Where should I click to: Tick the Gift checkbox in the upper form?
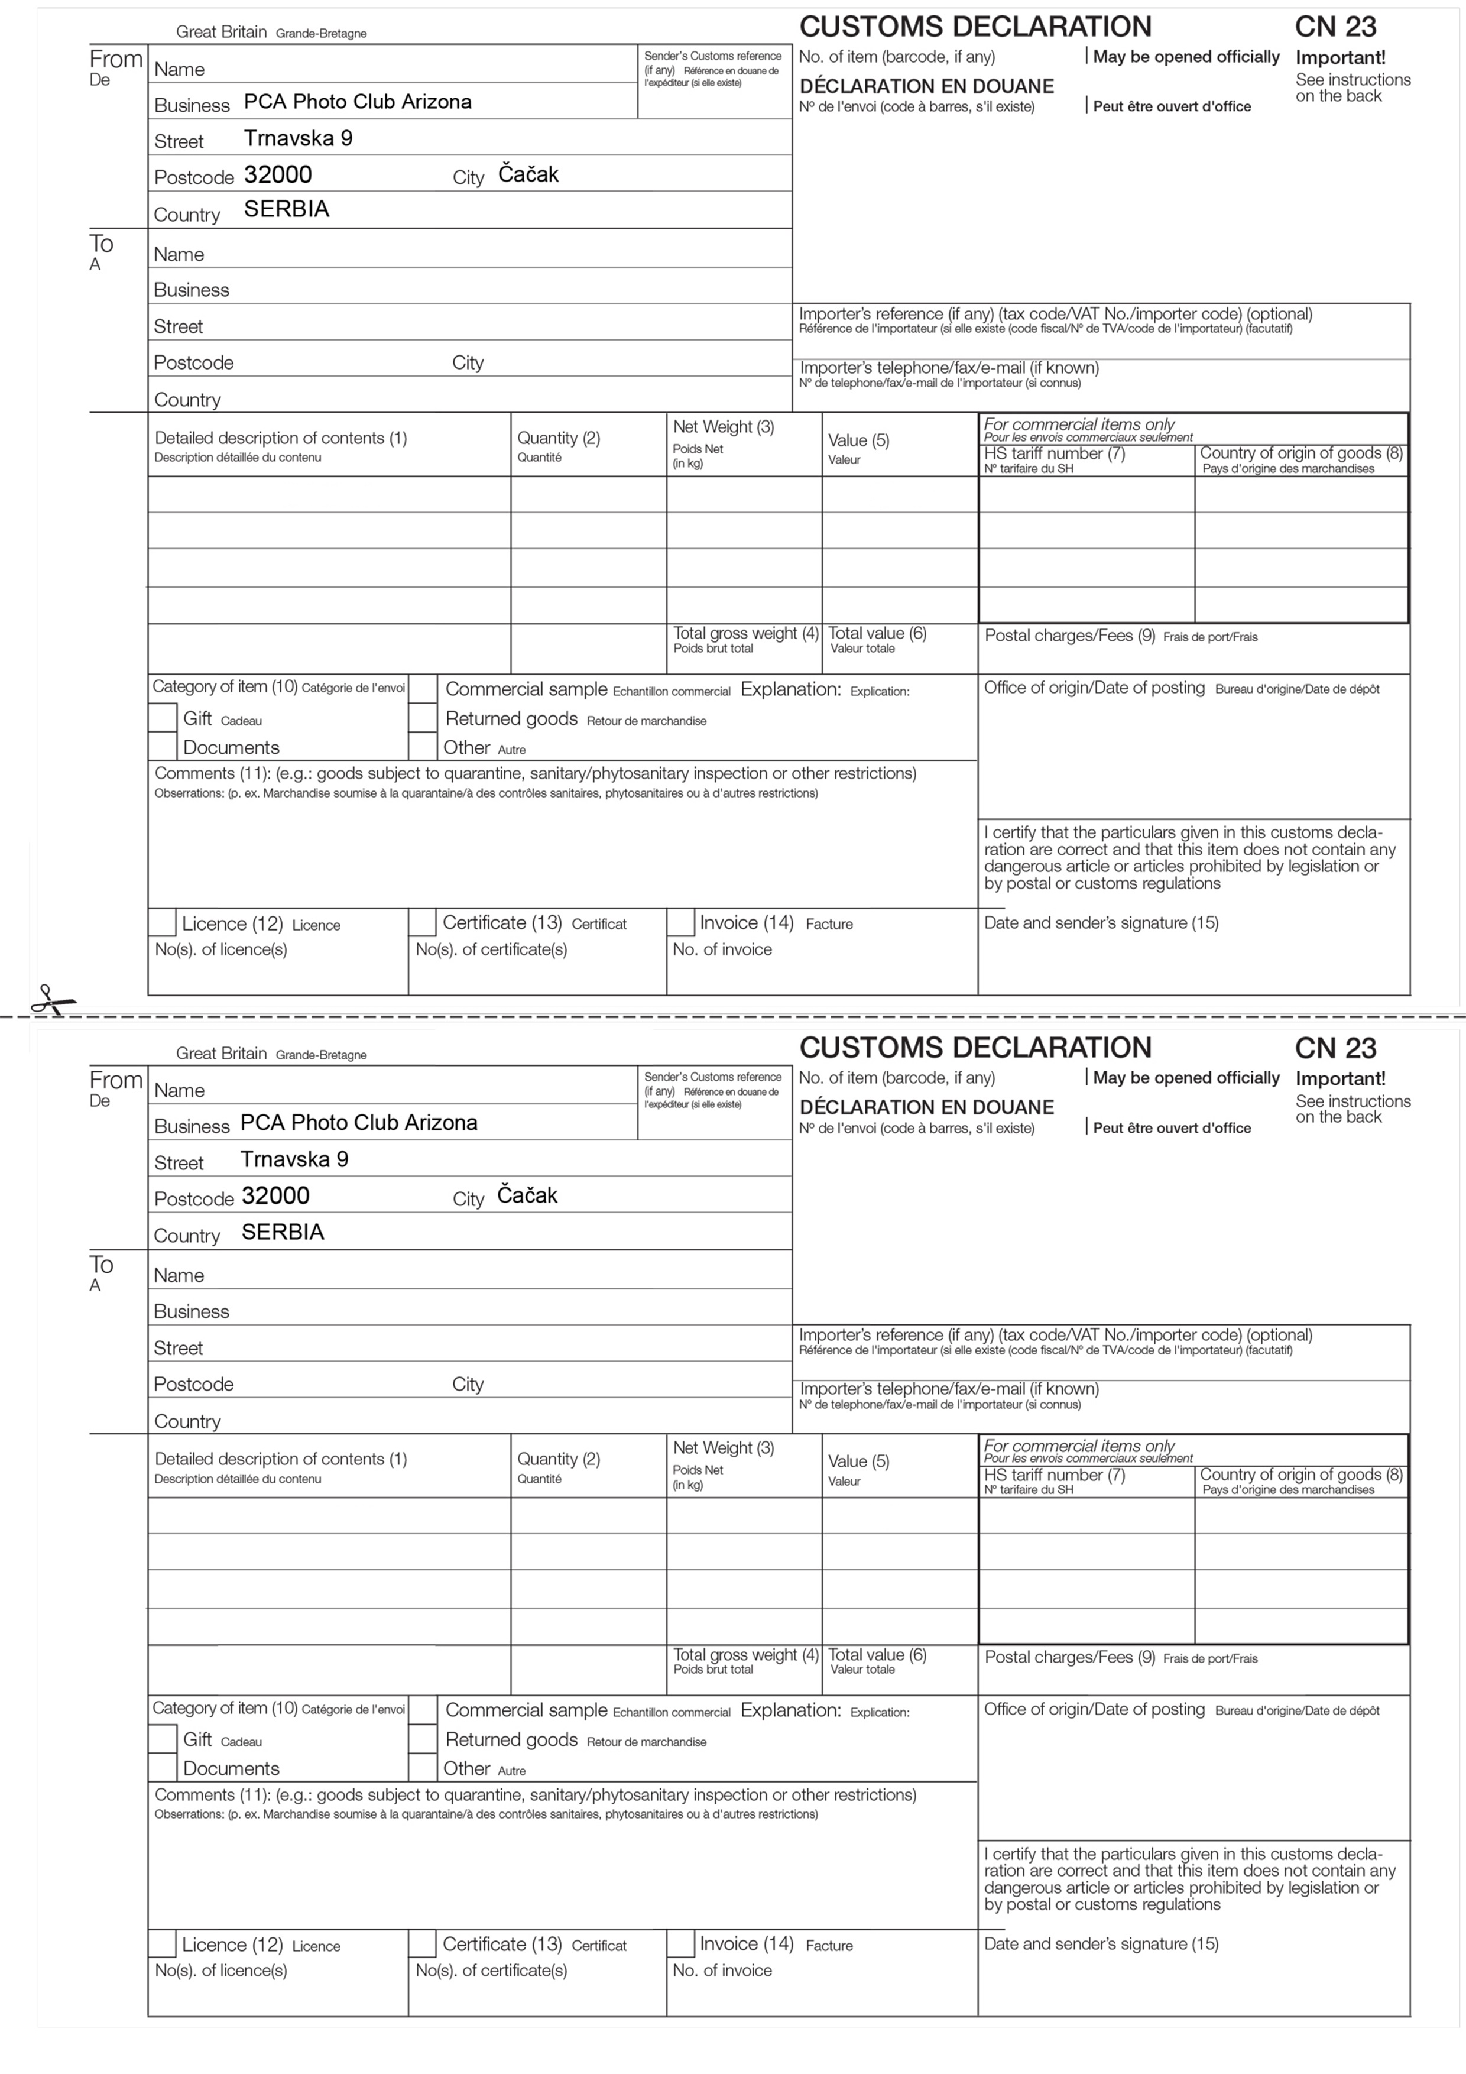[163, 718]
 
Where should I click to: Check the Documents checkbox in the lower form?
[163, 1767]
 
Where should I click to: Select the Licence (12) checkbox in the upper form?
[163, 922]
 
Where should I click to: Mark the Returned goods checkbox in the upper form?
[423, 718]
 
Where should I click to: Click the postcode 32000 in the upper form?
[277, 174]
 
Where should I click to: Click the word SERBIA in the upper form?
[286, 209]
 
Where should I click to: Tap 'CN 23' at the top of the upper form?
[1335, 27]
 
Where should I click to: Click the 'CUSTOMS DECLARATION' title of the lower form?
[975, 1048]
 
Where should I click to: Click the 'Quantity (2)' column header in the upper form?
[558, 438]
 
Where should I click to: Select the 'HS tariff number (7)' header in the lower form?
[1054, 1475]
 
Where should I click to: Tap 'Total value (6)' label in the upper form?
[877, 633]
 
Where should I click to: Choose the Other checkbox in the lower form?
[423, 1767]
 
